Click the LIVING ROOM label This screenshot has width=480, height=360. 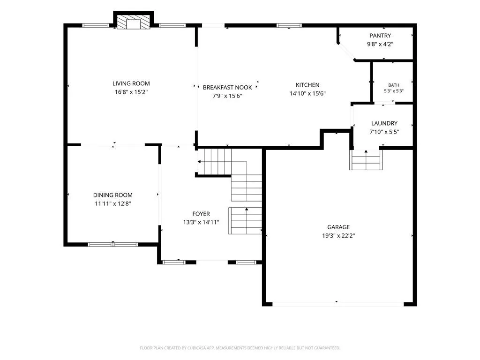131,83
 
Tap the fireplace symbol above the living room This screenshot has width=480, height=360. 134,22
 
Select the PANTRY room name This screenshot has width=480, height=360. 380,36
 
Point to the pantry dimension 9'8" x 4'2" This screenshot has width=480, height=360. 380,44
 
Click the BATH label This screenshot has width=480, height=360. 394,85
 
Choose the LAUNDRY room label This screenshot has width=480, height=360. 384,123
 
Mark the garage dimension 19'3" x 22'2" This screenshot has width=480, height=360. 338,236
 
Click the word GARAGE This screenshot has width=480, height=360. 338,227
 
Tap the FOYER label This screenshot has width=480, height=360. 201,214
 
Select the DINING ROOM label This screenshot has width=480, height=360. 112,195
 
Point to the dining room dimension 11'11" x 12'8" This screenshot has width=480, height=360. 112,203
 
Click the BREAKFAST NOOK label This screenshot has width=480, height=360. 227,88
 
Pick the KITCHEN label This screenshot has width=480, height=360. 307,85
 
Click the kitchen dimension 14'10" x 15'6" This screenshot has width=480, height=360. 307,94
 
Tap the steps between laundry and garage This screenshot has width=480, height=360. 366,160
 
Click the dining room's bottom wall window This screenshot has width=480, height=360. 112,244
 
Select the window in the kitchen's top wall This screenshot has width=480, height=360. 289,25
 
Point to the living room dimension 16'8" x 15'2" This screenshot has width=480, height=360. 131,92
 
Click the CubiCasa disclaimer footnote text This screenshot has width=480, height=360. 240,348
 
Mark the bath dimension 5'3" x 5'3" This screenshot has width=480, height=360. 394,91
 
